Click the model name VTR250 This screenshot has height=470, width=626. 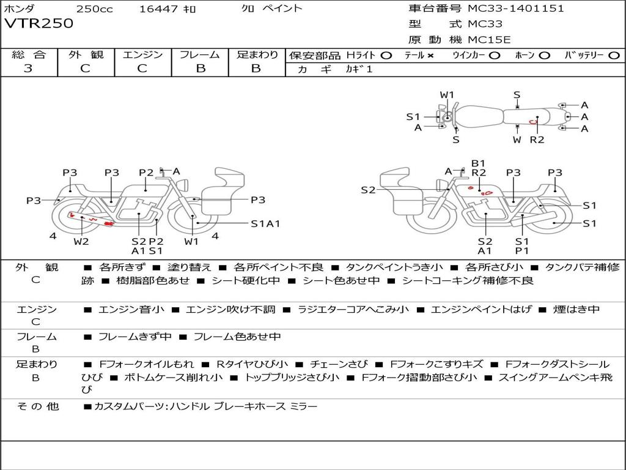39,24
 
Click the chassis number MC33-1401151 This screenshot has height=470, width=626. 515,9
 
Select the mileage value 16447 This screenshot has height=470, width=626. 157,9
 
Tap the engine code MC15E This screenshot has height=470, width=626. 490,40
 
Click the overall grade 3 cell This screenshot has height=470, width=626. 28,69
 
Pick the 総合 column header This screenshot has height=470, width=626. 28,54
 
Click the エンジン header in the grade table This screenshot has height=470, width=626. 142,54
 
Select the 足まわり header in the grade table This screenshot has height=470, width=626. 257,54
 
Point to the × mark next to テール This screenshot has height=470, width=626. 430,55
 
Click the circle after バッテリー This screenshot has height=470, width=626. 614,55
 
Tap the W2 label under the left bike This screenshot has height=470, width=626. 81,241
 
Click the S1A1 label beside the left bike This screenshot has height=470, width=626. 265,223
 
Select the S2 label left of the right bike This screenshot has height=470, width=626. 368,190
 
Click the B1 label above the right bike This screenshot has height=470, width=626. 478,163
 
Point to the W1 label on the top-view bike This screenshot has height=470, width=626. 447,95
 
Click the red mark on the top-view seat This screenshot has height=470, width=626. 533,122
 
